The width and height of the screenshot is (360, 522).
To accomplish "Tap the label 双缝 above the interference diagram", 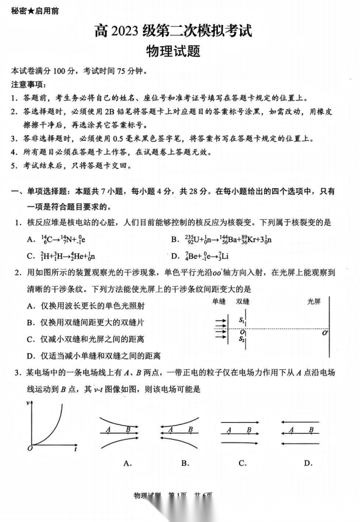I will [243, 301].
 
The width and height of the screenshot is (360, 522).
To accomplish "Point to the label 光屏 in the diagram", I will [314, 301].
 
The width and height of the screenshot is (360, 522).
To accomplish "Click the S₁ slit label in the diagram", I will [241, 320].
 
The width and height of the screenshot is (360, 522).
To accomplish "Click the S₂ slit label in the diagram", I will [241, 338].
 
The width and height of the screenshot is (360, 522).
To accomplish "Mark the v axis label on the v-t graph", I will [27, 403].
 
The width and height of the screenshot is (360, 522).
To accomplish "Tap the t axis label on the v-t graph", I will [76, 449].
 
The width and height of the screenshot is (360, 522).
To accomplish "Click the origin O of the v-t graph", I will [28, 448].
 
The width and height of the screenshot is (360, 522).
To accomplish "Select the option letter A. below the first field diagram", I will [127, 463].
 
